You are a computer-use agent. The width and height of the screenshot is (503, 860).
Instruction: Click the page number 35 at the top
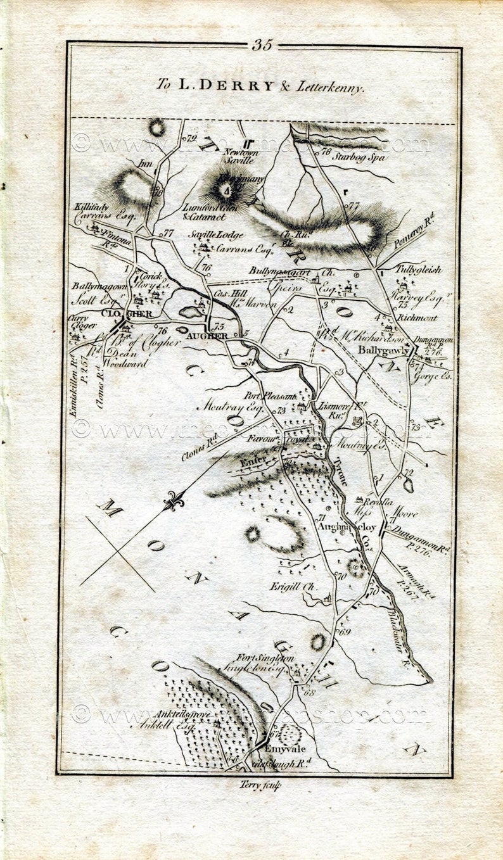tap(262, 45)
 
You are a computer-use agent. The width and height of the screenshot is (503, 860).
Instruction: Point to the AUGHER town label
tap(205, 335)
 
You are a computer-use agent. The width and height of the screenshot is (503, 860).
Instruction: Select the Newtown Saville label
tap(239, 156)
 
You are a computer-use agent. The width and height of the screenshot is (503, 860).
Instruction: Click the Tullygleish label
tap(418, 270)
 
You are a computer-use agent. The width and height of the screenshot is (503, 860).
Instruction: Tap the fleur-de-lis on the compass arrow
tap(173, 502)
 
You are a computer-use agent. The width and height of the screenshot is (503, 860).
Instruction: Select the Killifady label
tap(92, 207)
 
